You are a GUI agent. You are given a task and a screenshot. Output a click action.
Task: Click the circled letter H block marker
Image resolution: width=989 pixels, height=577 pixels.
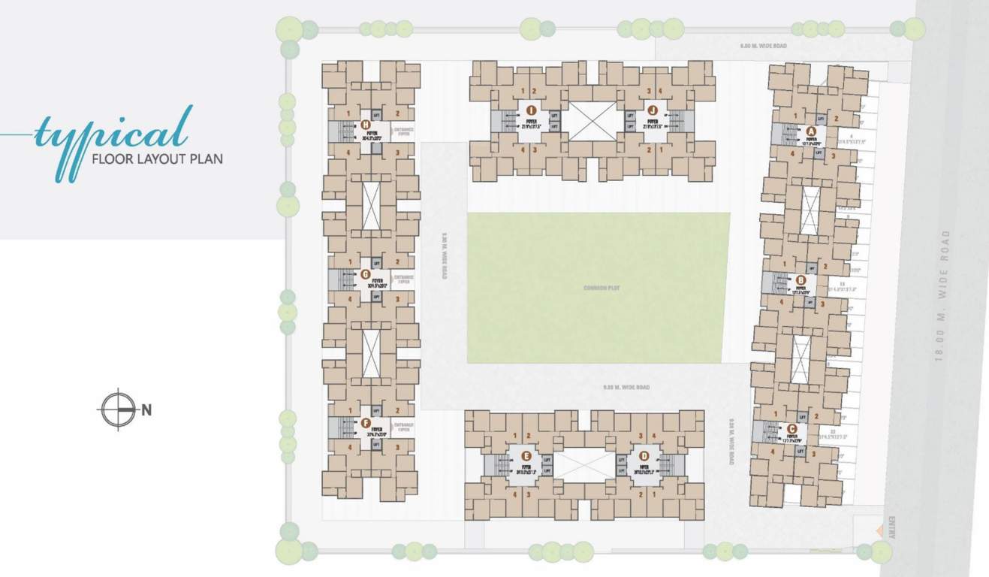coord(366,125)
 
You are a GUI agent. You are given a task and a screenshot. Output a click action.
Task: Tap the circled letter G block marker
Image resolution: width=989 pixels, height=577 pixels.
coord(366,274)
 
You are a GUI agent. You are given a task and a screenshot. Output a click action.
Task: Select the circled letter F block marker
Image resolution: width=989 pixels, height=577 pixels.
coord(366,423)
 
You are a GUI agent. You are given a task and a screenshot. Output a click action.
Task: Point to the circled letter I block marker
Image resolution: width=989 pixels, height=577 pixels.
coord(531,110)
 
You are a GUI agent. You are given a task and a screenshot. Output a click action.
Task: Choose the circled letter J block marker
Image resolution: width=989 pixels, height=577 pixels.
coord(653,110)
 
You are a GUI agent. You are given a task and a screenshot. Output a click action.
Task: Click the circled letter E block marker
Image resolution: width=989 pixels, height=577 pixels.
coord(526,456)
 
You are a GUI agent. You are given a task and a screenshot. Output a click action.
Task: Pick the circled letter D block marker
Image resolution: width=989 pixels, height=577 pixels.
coord(644,456)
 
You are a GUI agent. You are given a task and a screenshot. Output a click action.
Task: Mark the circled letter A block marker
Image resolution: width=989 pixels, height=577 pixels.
coord(810,130)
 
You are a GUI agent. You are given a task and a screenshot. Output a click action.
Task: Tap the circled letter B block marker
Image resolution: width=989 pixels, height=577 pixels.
coord(801,281)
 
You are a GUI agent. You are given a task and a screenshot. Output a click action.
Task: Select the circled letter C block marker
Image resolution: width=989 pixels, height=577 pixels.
coord(792,429)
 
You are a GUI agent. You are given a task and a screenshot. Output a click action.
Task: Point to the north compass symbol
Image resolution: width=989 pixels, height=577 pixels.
coord(118,409)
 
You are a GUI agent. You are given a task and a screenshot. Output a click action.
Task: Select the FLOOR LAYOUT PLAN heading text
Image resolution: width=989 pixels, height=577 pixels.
coord(156,159)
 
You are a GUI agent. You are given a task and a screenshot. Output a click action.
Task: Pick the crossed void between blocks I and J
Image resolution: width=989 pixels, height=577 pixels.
coord(591,121)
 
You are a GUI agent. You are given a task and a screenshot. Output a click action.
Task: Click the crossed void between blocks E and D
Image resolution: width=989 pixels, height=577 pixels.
coord(585,465)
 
